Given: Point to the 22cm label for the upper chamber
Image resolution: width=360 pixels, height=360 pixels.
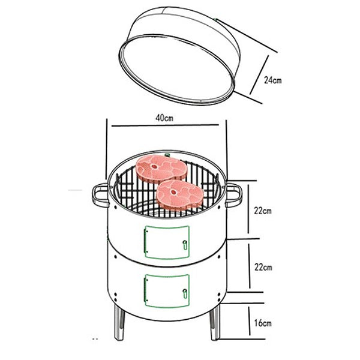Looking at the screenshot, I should click(263, 211).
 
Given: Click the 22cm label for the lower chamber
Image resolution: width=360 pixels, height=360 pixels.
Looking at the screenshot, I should click(263, 266).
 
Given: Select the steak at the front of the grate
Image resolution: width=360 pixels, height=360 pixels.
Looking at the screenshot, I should click(179, 193).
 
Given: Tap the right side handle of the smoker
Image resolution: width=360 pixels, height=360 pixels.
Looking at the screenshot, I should click(234, 193).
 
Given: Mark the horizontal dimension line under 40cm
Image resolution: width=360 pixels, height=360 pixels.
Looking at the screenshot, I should click(167, 127).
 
